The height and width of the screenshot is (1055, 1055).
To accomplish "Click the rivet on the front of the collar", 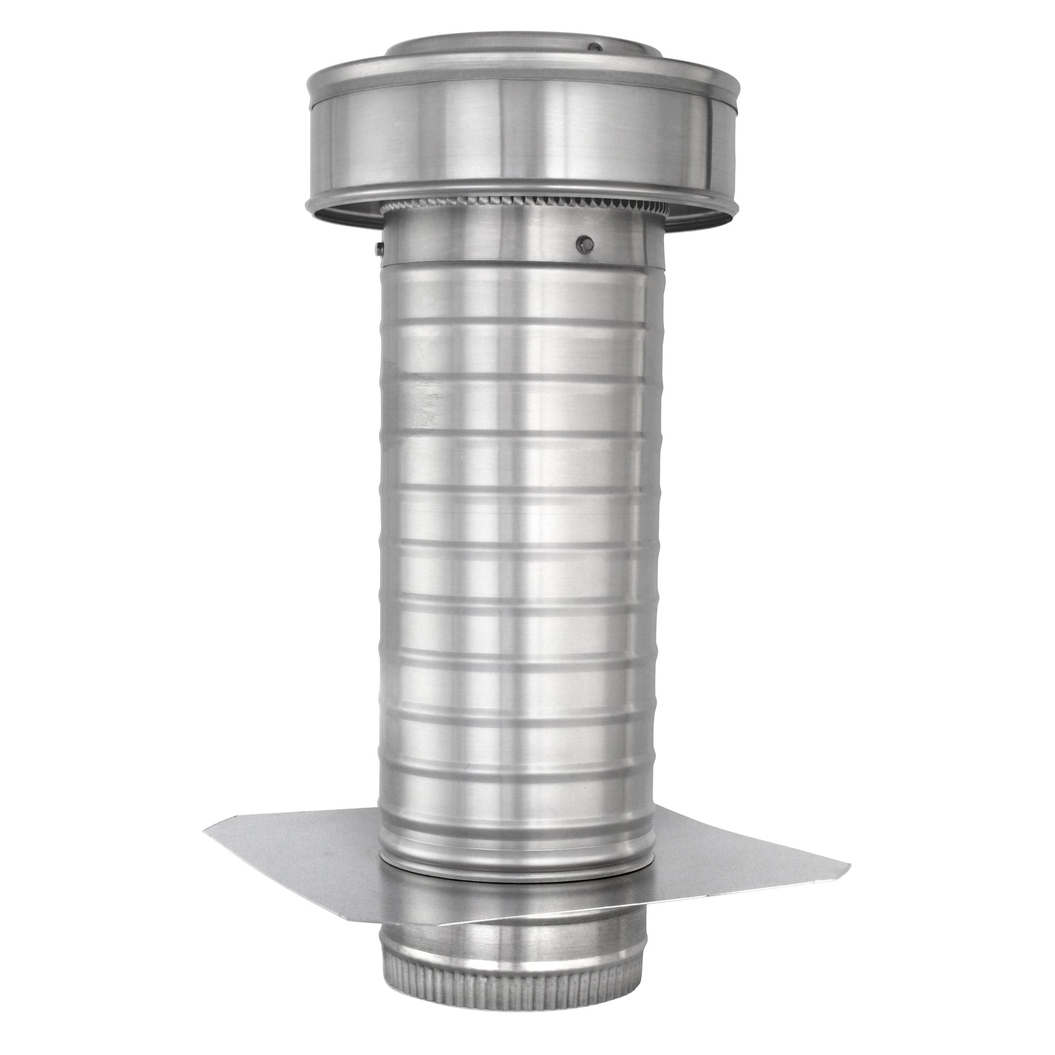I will [x=584, y=243].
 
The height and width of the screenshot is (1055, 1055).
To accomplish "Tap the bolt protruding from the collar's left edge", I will [x=378, y=245].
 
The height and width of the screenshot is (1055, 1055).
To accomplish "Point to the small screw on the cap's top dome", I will [x=596, y=47].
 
